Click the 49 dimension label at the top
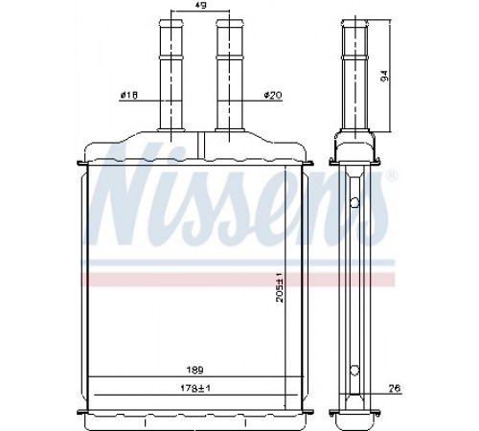(200, 5)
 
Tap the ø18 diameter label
(129, 95)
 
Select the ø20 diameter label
(273, 95)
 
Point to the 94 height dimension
(385, 76)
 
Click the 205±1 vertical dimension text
(280, 287)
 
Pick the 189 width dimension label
(194, 370)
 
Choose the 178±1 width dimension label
(195, 388)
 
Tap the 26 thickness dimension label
(395, 388)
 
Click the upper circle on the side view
(354, 202)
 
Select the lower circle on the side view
(354, 371)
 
